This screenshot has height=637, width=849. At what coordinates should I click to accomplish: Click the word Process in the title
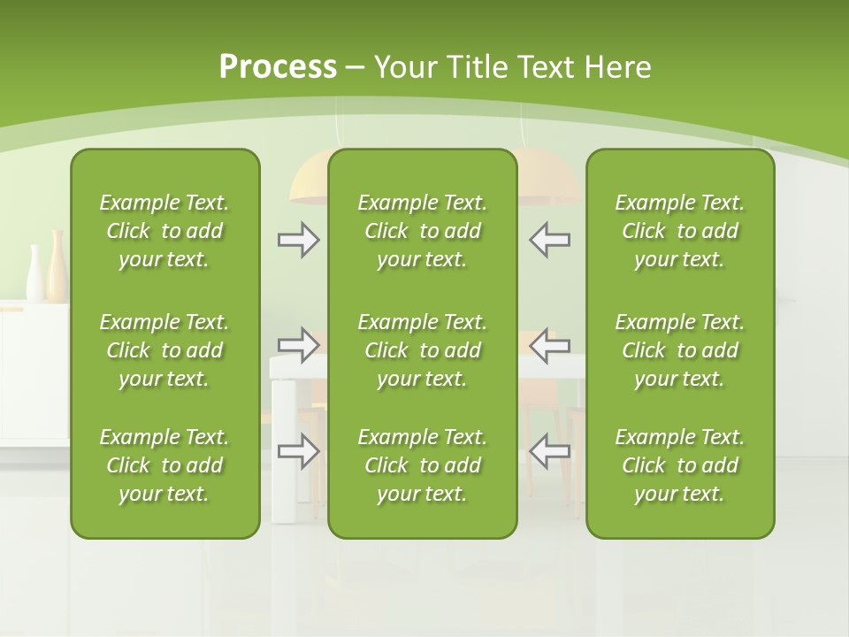pyautogui.click(x=278, y=67)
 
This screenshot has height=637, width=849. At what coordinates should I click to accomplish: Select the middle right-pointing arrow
pyautogui.click(x=299, y=345)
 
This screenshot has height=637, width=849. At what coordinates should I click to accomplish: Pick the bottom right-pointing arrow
pyautogui.click(x=299, y=451)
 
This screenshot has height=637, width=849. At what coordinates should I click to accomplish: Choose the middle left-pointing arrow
pyautogui.click(x=549, y=345)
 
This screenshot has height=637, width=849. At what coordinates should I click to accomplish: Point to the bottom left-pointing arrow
pyautogui.click(x=549, y=451)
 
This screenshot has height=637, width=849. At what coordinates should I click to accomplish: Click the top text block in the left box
pyautogui.click(x=164, y=231)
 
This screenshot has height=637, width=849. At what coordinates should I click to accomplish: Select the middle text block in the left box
pyautogui.click(x=164, y=350)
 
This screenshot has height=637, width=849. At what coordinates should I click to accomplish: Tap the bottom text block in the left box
pyautogui.click(x=164, y=465)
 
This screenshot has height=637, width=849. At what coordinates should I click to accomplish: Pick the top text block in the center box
pyautogui.click(x=422, y=231)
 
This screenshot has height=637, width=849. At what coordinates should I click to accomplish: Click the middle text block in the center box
pyautogui.click(x=422, y=350)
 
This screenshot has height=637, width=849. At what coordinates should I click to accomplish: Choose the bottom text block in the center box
pyautogui.click(x=422, y=465)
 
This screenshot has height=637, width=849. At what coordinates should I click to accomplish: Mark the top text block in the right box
pyautogui.click(x=679, y=231)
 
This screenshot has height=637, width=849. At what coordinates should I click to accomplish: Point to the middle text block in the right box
pyautogui.click(x=679, y=350)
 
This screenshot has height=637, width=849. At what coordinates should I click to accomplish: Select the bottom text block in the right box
pyautogui.click(x=679, y=465)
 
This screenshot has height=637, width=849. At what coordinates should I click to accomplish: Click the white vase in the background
pyautogui.click(x=35, y=276)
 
